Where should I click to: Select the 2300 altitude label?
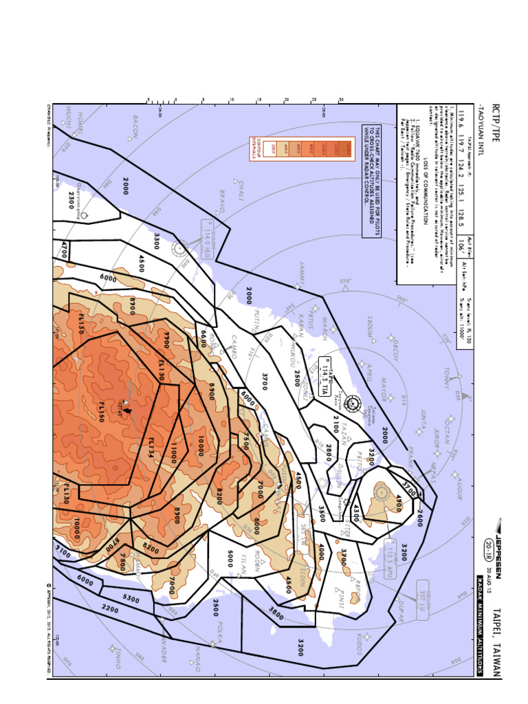point(71,199)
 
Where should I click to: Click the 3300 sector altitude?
point(157,242)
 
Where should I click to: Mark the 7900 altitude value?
point(166,340)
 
